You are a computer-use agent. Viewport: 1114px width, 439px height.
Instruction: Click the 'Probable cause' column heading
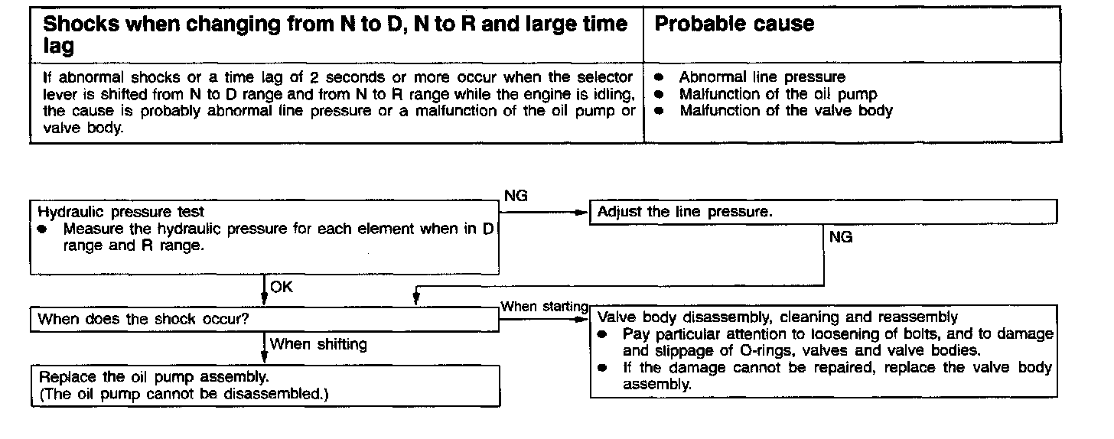[x=734, y=24]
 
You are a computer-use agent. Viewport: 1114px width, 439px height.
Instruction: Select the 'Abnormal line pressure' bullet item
[x=762, y=77]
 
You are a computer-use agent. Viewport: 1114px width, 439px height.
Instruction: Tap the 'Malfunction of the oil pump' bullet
[x=778, y=94]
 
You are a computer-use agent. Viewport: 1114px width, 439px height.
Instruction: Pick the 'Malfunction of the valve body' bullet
[x=786, y=111]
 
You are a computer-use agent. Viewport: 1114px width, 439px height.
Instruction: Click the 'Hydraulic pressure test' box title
[x=121, y=212]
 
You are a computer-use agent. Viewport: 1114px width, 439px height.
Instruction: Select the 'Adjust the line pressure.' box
[x=685, y=212]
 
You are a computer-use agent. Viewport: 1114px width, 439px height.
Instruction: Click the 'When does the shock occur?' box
[x=143, y=319]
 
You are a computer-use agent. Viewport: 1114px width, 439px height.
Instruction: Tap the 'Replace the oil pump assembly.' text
[x=154, y=377]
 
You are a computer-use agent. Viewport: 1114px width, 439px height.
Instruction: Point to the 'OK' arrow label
[x=282, y=288]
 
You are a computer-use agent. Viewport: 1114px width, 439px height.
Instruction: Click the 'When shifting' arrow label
[x=318, y=344]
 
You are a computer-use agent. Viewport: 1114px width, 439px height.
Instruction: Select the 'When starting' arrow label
[x=544, y=307]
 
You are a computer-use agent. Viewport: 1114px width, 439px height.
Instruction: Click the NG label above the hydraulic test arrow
[x=516, y=197]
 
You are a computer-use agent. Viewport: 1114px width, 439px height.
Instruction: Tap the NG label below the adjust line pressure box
[x=841, y=237]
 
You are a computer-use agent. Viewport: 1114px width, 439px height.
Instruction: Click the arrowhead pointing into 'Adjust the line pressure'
[x=581, y=212]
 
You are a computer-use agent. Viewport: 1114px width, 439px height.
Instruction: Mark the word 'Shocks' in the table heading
[x=81, y=24]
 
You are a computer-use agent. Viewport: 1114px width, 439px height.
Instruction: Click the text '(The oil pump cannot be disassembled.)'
[x=187, y=394]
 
